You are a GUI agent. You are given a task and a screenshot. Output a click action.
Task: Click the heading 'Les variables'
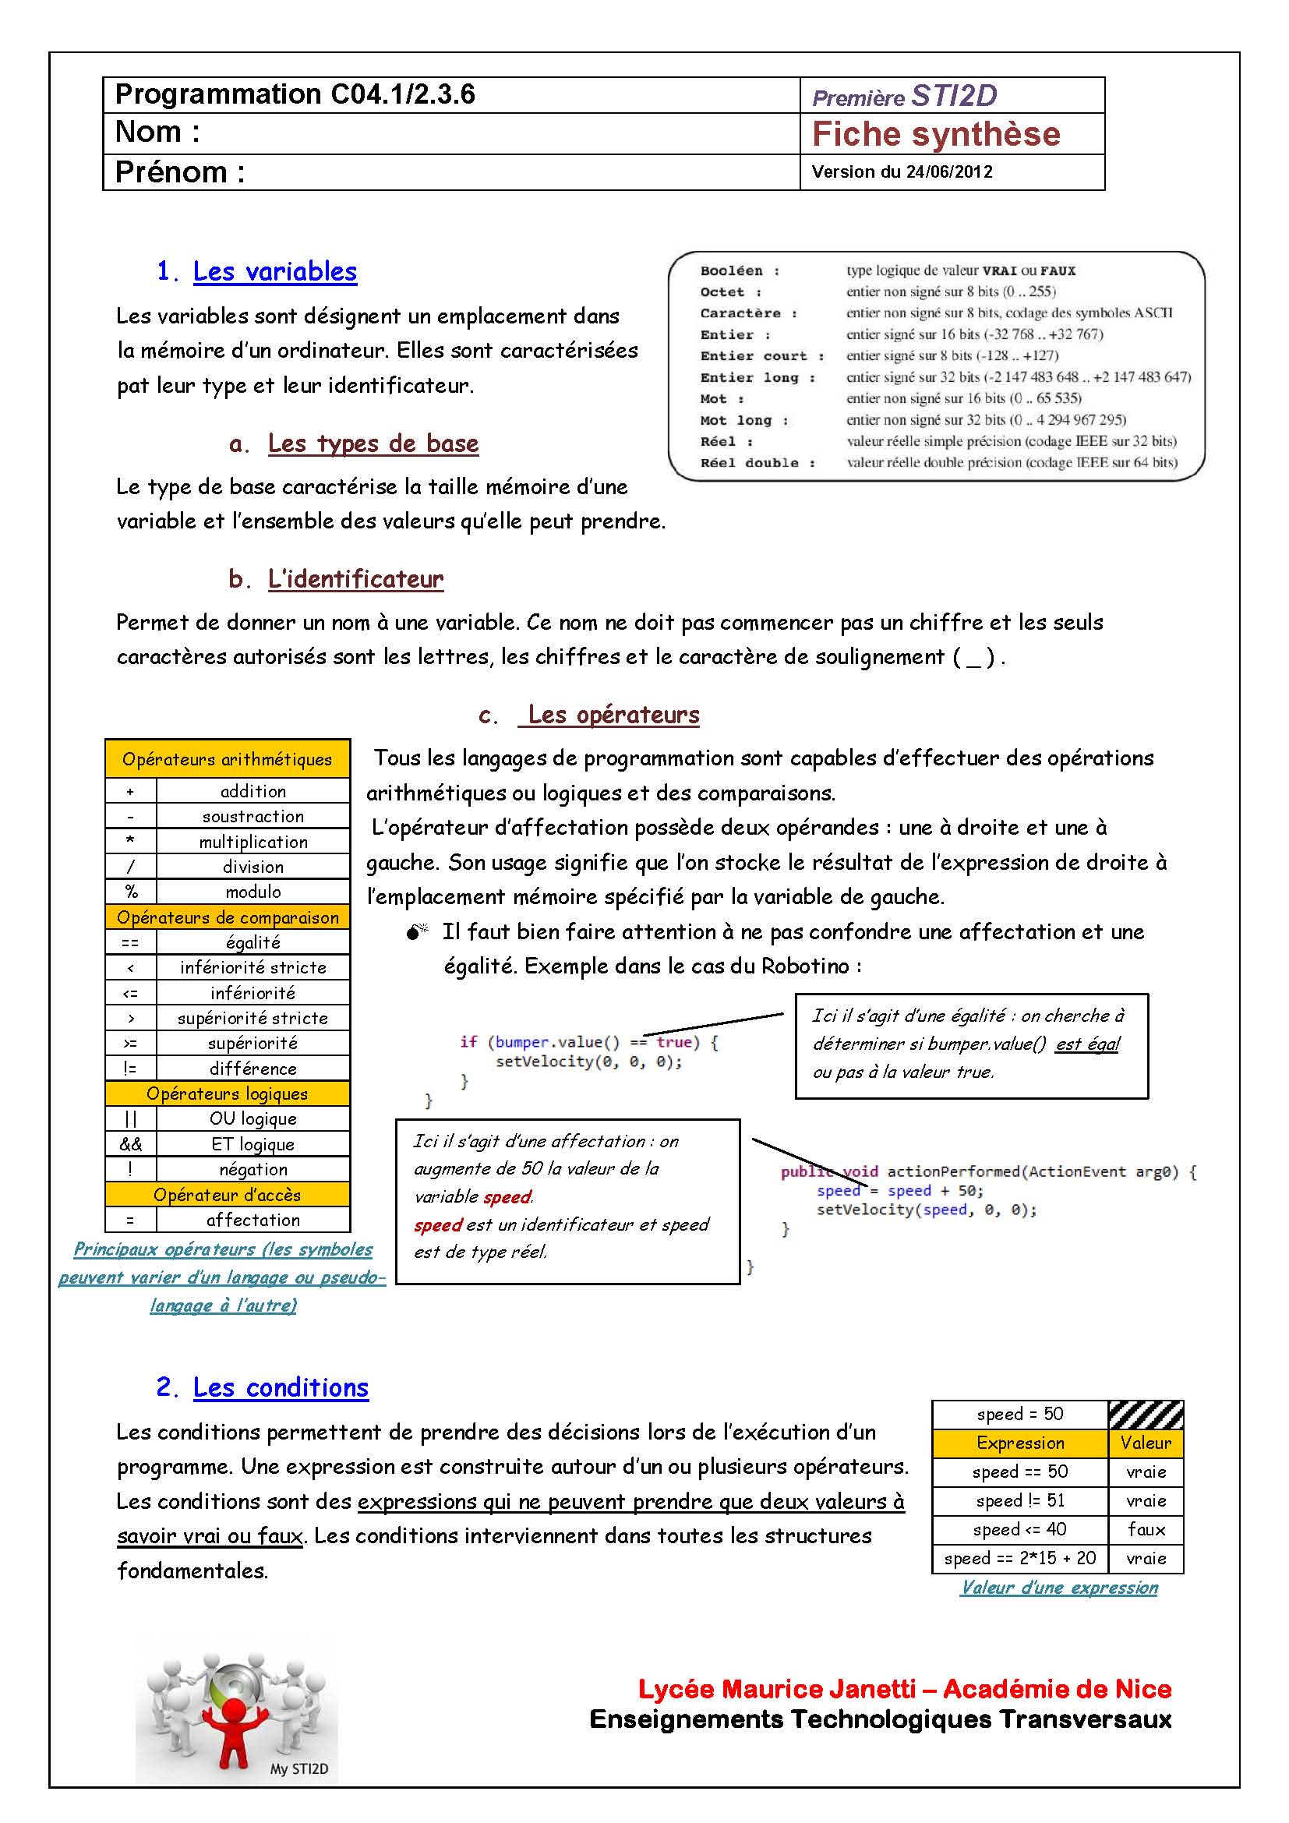(x=274, y=271)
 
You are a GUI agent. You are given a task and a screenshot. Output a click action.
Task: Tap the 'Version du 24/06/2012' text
(x=902, y=171)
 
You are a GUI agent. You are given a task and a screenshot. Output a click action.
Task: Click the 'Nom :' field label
(x=157, y=132)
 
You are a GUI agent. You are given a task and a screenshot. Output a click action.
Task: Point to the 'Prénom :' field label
(x=179, y=171)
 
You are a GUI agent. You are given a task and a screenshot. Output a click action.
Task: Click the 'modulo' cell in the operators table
(x=253, y=892)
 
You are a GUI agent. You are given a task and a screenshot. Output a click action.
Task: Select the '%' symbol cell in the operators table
(x=131, y=892)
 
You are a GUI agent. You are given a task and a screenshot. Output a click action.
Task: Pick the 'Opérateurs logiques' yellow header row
(x=227, y=1093)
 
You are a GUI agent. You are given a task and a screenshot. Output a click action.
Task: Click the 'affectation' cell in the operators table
(x=253, y=1220)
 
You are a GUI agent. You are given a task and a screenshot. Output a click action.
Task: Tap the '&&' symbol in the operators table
(x=131, y=1144)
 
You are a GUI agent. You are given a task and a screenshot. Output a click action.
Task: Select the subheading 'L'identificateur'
(x=355, y=579)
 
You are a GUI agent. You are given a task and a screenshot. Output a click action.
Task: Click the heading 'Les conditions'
(x=281, y=1387)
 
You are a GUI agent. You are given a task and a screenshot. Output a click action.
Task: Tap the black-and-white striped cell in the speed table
(x=1146, y=1414)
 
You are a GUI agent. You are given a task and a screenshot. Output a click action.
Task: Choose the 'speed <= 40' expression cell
(x=1019, y=1529)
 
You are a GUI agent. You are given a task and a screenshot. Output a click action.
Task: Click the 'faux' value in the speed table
(x=1146, y=1529)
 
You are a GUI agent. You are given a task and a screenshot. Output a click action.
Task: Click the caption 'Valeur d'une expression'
(x=1059, y=1587)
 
